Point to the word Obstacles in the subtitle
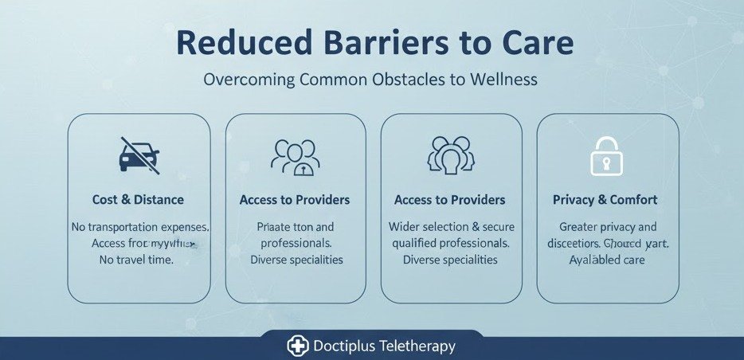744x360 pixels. pyautogui.click(x=410, y=80)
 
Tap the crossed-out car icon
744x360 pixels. pyautogui.click(x=139, y=155)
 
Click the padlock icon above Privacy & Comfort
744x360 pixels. pyautogui.click(x=607, y=155)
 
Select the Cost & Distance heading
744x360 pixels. pyautogui.click(x=139, y=200)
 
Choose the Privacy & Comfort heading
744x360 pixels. pyautogui.click(x=605, y=200)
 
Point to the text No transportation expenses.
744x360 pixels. pyautogui.click(x=140, y=228)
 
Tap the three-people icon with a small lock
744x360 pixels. pyautogui.click(x=295, y=157)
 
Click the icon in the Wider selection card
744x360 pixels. pyautogui.click(x=451, y=155)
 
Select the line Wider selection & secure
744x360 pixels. pyautogui.click(x=451, y=228)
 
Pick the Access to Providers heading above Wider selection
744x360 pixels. pyautogui.click(x=450, y=200)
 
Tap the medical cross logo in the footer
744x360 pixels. pyautogui.click(x=296, y=346)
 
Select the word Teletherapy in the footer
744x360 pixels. pyautogui.click(x=417, y=346)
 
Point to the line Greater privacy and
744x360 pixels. pyautogui.click(x=607, y=227)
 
